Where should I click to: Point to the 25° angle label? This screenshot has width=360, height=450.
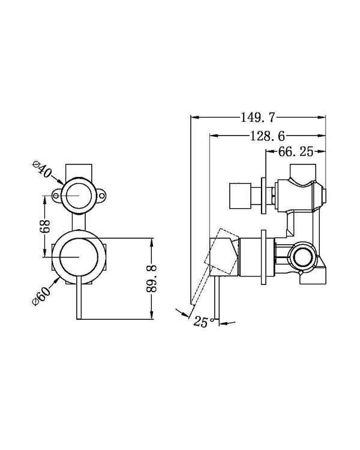point(203,322)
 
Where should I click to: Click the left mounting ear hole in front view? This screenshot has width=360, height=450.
point(56,194)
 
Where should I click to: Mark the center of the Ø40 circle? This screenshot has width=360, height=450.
point(80,194)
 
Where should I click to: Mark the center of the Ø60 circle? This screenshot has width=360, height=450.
point(80,257)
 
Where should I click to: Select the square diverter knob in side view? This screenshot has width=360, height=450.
point(240,195)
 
